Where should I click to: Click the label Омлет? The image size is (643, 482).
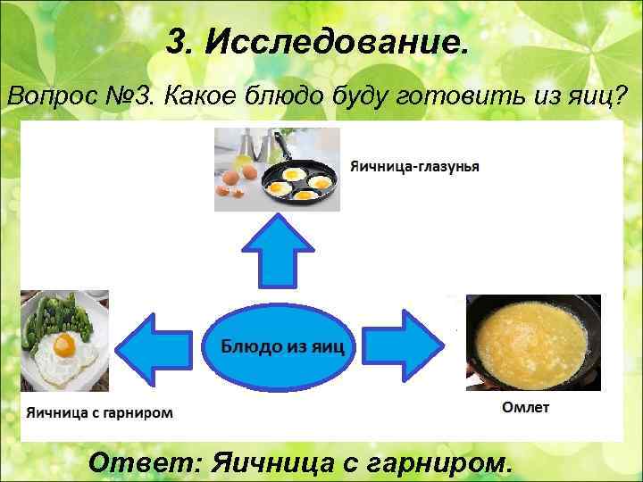[x=526, y=409]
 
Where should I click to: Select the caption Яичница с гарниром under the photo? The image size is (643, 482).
[x=98, y=413]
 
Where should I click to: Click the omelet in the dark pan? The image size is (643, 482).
[x=532, y=345]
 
